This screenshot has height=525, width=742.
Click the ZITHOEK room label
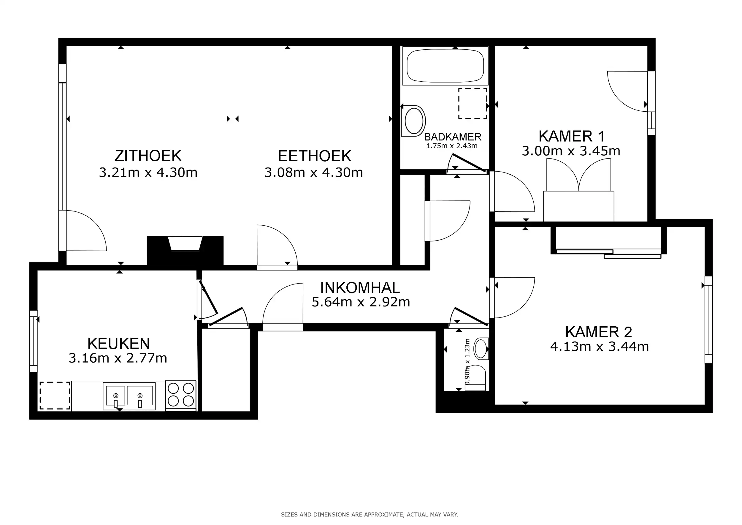tap(148, 156)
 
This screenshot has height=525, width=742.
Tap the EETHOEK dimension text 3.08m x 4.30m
tap(313, 173)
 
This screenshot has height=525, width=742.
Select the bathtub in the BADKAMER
tap(445, 66)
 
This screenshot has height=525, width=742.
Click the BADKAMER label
tap(452, 137)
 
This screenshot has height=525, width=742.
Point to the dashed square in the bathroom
tap(473, 103)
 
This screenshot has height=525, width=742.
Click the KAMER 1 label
tap(571, 136)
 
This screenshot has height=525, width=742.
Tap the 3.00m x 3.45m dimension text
tap(571, 151)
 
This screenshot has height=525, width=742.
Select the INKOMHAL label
tap(360, 288)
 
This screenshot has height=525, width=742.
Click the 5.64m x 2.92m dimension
tap(361, 302)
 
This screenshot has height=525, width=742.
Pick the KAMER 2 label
tap(599, 332)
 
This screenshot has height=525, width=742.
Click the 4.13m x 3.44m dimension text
tap(600, 347)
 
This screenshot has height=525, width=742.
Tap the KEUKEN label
tap(119, 344)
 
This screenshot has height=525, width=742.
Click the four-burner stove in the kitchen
tap(181, 395)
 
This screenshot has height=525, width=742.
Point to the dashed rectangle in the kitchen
tap(55, 396)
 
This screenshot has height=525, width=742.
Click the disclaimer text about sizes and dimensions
tap(370, 514)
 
